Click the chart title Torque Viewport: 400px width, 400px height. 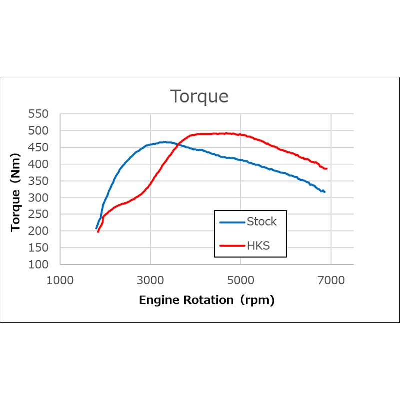[x=199, y=96]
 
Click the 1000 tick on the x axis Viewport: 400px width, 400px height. [x=60, y=280]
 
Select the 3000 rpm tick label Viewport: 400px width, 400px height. [x=150, y=280]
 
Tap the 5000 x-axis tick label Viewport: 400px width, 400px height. [x=241, y=280]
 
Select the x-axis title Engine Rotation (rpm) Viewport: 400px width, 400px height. [x=207, y=300]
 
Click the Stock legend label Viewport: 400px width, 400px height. [x=261, y=221]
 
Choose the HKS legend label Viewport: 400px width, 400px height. [x=258, y=245]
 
